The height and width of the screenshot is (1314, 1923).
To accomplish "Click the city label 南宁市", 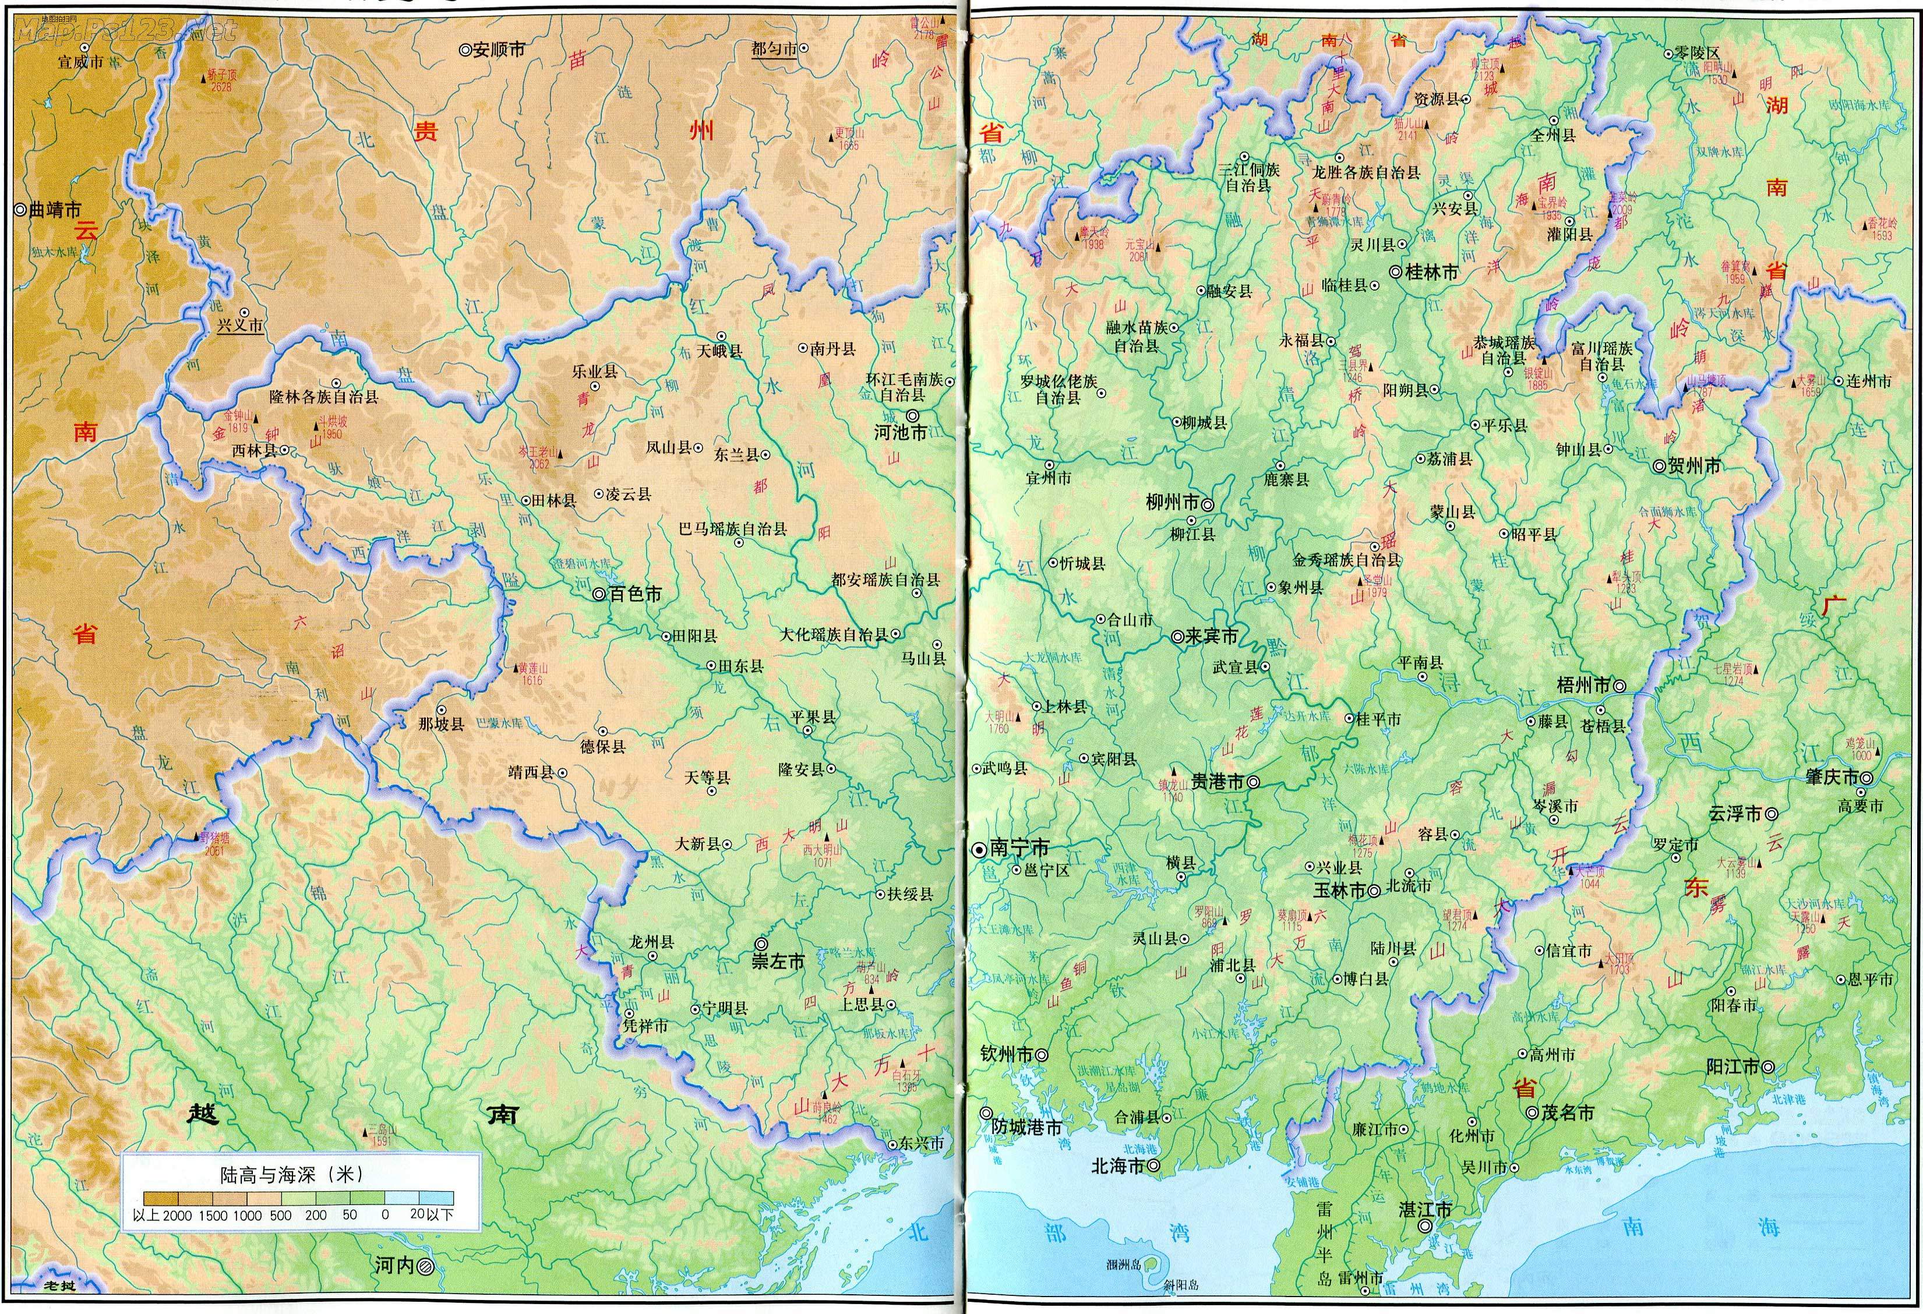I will tap(1019, 847).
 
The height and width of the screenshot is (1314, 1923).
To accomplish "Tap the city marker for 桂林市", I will tap(1395, 271).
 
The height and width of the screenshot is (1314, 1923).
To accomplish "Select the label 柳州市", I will tap(1172, 502).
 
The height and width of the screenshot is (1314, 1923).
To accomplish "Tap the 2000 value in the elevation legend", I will tap(177, 1216).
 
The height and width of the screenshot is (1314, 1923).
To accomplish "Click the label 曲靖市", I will tap(55, 210).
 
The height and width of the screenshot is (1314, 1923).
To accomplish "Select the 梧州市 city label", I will tap(1583, 685).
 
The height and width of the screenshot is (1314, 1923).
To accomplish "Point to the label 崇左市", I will tap(777, 962).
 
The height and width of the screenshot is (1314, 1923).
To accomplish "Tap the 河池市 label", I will tap(901, 432).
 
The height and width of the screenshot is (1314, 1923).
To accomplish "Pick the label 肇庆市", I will tap(1831, 777).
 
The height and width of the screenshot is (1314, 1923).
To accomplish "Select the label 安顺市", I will tap(498, 50).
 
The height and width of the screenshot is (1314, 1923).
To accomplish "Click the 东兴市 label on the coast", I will tap(921, 1143).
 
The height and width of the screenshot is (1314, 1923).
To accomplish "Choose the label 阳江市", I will tap(1732, 1066).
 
